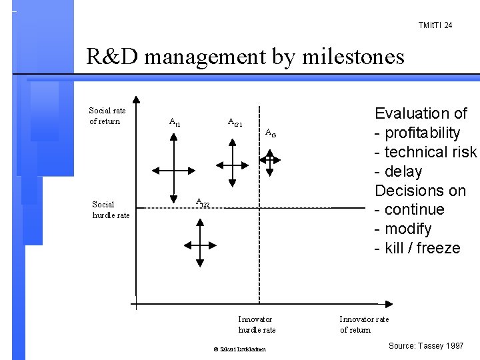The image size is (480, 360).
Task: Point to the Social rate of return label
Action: [x=107, y=115]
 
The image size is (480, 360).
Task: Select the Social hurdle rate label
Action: [x=111, y=209]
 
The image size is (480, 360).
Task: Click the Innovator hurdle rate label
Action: [x=257, y=325]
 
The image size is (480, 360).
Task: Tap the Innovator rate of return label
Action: [x=364, y=325]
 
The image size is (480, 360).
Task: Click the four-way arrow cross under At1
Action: [x=173, y=167]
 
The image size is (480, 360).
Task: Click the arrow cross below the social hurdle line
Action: [x=199, y=243]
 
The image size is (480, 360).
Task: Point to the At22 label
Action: [x=202, y=201]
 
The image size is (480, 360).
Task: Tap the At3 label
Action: [x=270, y=133]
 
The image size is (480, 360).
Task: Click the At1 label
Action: [x=174, y=122]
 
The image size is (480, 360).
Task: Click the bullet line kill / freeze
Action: [x=418, y=248]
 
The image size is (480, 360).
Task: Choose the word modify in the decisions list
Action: [x=409, y=229]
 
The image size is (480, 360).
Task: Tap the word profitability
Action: [x=427, y=133]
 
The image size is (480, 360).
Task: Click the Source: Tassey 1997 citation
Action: [x=425, y=347]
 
